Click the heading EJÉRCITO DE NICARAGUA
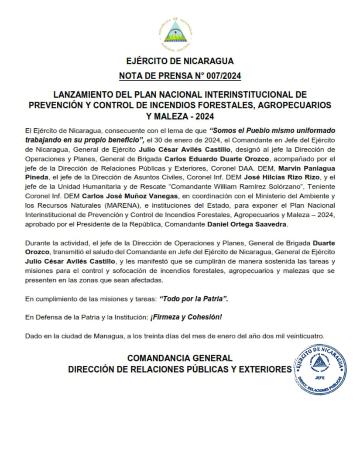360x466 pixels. click(180, 61)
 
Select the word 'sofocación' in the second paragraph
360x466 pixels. click(137, 271)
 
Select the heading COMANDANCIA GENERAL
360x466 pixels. click(180, 358)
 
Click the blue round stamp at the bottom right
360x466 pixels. click(321, 370)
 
